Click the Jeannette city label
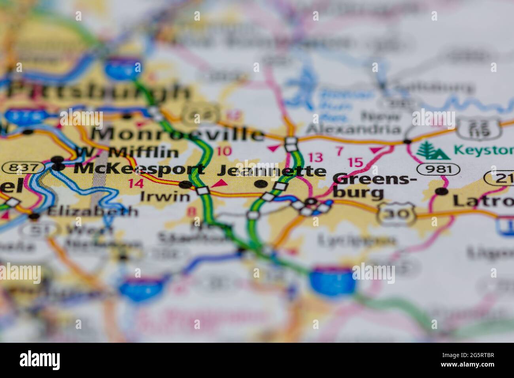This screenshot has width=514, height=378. pos(272,171)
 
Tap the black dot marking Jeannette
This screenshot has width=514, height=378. pos(260,184)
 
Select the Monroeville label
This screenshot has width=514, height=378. pos(178,134)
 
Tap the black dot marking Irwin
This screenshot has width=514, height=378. pos(185,184)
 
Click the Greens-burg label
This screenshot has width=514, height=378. pos(374,186)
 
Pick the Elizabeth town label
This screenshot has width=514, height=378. pos(93,211)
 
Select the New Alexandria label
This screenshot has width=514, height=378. pos(354,123)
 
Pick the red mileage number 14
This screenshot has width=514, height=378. pos(136,183)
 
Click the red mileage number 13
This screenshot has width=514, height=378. pos(316,157)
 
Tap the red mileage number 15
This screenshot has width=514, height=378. pos(355,162)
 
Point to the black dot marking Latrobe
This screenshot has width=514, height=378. pos(441,192)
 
